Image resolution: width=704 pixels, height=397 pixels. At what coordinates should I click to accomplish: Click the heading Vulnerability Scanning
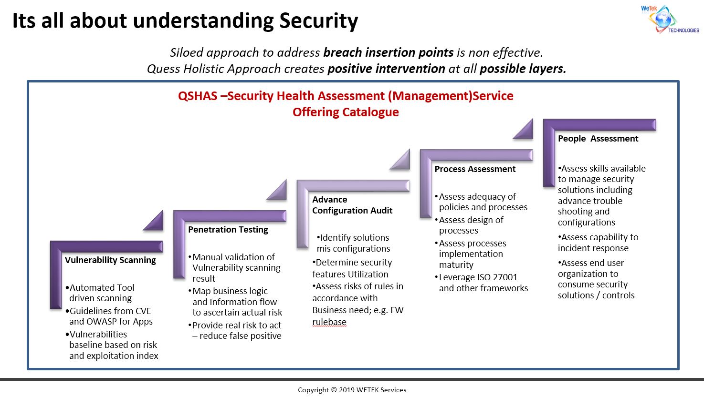coord(110,260)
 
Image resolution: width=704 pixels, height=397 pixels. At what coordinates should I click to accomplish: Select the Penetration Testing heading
coord(228,230)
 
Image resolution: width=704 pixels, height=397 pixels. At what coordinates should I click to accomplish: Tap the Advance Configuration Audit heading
coord(352,205)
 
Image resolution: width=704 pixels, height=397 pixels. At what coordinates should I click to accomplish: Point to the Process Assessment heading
coord(475,169)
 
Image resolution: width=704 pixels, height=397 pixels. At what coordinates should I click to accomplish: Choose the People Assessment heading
coord(598,139)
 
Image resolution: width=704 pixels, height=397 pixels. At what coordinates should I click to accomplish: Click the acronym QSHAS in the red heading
coord(198,96)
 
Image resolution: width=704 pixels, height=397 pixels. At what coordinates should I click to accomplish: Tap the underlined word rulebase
coord(329,322)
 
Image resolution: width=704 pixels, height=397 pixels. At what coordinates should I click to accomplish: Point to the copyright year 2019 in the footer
coord(347,390)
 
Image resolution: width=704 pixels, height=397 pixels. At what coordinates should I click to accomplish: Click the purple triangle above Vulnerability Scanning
coord(154,220)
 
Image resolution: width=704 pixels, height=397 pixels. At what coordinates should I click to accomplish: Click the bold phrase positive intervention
coord(386,69)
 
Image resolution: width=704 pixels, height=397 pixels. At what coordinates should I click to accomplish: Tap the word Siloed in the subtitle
coord(187,52)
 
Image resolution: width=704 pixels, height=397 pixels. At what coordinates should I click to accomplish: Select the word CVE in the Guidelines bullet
coord(142,311)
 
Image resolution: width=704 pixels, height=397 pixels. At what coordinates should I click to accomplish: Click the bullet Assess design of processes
coord(471,225)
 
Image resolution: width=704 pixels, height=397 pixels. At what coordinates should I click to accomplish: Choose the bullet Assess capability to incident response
coord(598,243)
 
